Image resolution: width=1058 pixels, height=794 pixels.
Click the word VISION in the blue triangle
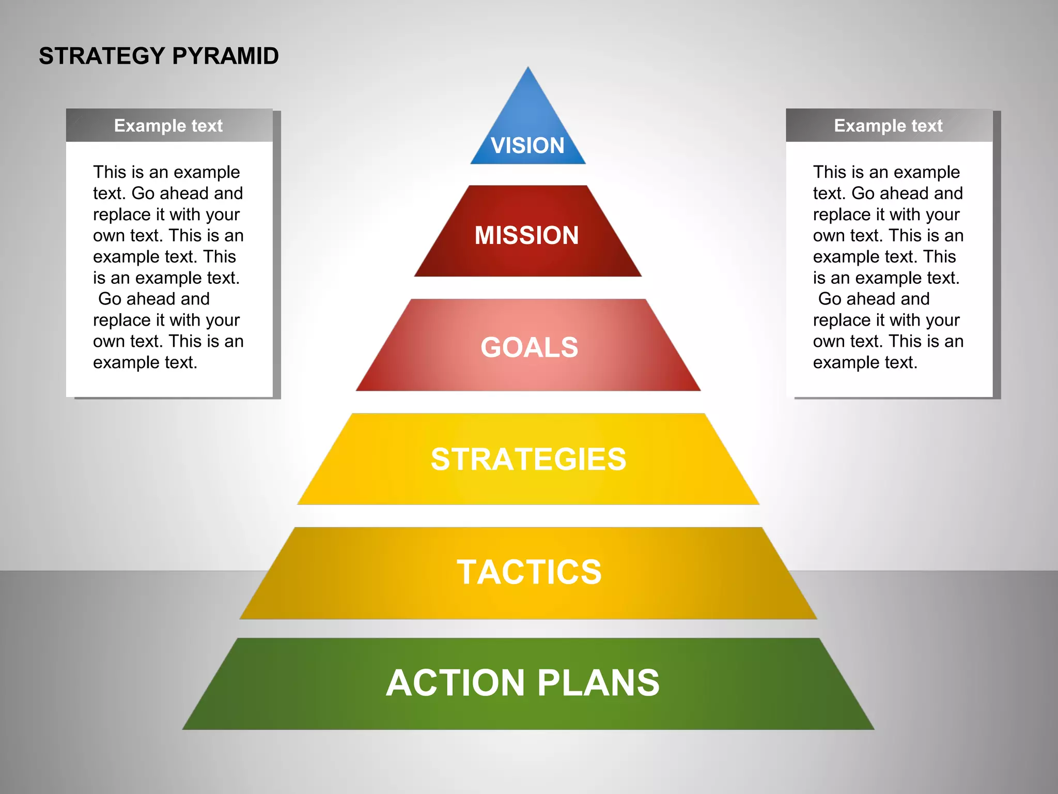527,145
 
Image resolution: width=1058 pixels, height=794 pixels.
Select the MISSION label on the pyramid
526,235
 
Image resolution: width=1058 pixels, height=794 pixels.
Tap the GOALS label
529,347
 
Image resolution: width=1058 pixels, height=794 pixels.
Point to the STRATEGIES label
528,459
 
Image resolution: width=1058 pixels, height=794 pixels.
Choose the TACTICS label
529,572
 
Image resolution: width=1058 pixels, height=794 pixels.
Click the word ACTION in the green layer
455,683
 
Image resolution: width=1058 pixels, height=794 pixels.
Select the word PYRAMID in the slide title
225,56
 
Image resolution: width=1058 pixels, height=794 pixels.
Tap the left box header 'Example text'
168,126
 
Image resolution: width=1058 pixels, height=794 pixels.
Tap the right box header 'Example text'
888,126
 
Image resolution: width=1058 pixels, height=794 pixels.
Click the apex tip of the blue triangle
528,68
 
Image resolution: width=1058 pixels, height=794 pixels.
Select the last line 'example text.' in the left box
145,362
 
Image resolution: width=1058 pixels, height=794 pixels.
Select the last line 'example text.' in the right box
865,362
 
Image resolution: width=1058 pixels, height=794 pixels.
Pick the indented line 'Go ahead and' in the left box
154,299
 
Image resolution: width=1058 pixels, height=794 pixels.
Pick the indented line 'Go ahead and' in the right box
874,299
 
